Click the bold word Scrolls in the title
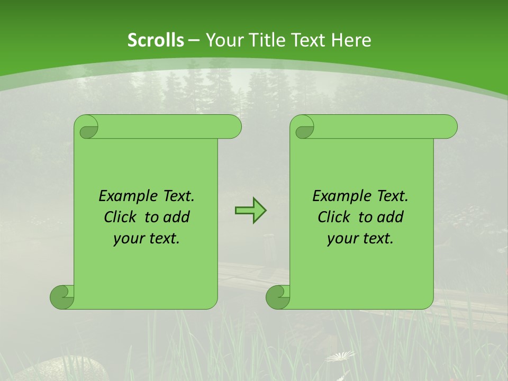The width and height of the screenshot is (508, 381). point(156,40)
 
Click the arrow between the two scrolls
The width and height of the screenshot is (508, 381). point(250,211)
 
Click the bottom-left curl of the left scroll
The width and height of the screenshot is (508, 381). point(61,296)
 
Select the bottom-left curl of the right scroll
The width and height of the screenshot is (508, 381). point(277,296)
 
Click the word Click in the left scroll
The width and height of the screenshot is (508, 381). point(121,217)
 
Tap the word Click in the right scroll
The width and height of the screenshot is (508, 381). point(334,217)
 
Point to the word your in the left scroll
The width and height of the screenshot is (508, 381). point(127,239)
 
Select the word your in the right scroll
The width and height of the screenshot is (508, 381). point(341,239)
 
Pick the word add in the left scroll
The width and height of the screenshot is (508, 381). point(177,217)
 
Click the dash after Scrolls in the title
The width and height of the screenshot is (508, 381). point(194,40)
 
